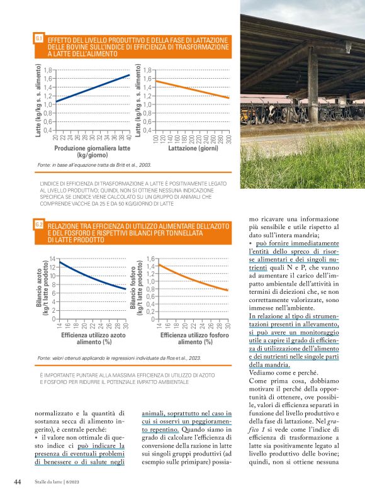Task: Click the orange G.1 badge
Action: point(39,39)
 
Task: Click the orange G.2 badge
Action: point(39,224)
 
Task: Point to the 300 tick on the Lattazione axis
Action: point(229,138)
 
